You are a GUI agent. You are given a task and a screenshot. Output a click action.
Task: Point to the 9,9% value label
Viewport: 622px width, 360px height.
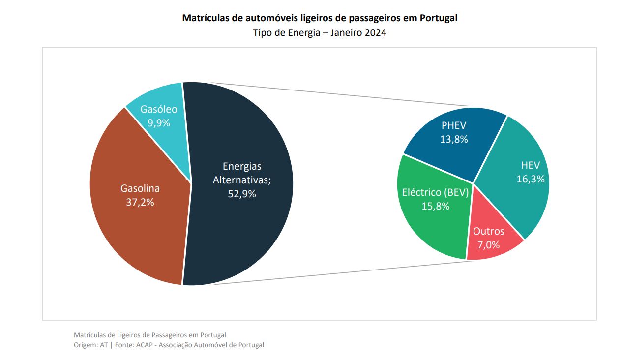(x=159, y=123)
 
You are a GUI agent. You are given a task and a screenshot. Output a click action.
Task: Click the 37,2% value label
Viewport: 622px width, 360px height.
(x=140, y=202)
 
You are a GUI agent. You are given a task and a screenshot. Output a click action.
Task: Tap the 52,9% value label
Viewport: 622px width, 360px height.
(x=242, y=194)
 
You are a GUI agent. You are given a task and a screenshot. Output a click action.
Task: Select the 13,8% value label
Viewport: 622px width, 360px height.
(x=454, y=139)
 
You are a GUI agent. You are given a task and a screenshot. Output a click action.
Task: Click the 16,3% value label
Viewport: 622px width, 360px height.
(x=531, y=179)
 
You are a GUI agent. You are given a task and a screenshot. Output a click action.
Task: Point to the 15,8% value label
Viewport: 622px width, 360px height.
(x=436, y=206)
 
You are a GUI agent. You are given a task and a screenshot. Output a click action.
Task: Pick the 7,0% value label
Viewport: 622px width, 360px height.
(x=488, y=244)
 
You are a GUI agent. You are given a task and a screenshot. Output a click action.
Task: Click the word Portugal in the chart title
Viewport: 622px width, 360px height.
(x=439, y=18)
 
